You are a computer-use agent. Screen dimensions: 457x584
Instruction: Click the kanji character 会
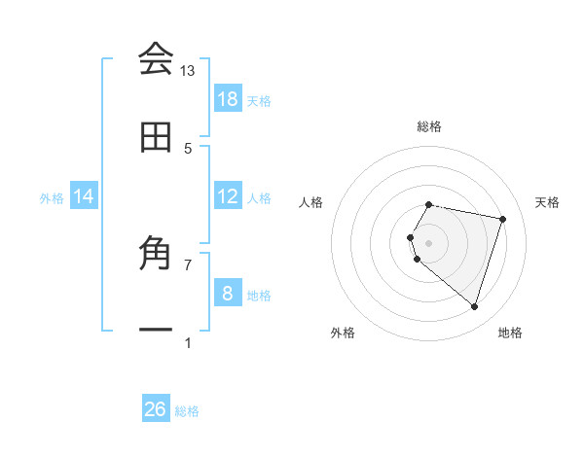156,58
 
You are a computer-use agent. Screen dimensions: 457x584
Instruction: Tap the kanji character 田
156,138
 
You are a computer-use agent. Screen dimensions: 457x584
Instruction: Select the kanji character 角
156,256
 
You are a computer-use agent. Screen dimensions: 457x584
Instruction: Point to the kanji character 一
156,331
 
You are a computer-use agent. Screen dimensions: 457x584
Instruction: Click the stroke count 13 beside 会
187,71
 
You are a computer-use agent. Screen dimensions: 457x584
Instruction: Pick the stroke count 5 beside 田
188,149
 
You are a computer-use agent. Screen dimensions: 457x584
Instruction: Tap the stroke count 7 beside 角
188,264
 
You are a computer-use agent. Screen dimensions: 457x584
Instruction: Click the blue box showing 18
227,99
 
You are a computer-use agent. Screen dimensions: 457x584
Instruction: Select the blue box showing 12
227,196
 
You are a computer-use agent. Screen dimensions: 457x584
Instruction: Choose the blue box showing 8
227,294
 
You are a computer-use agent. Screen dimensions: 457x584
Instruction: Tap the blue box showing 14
84,196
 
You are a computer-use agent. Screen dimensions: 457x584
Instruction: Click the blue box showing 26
156,409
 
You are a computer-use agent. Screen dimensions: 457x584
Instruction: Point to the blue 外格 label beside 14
52,197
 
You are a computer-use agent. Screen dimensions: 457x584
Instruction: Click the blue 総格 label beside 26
187,411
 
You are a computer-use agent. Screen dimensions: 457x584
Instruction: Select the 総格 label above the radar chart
428,126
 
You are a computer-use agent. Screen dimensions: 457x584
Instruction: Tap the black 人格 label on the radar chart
311,202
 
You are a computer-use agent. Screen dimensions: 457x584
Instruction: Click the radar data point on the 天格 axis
503,219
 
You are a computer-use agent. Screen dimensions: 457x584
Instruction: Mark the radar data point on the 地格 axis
474,307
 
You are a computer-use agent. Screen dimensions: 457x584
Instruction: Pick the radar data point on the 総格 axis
428,205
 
